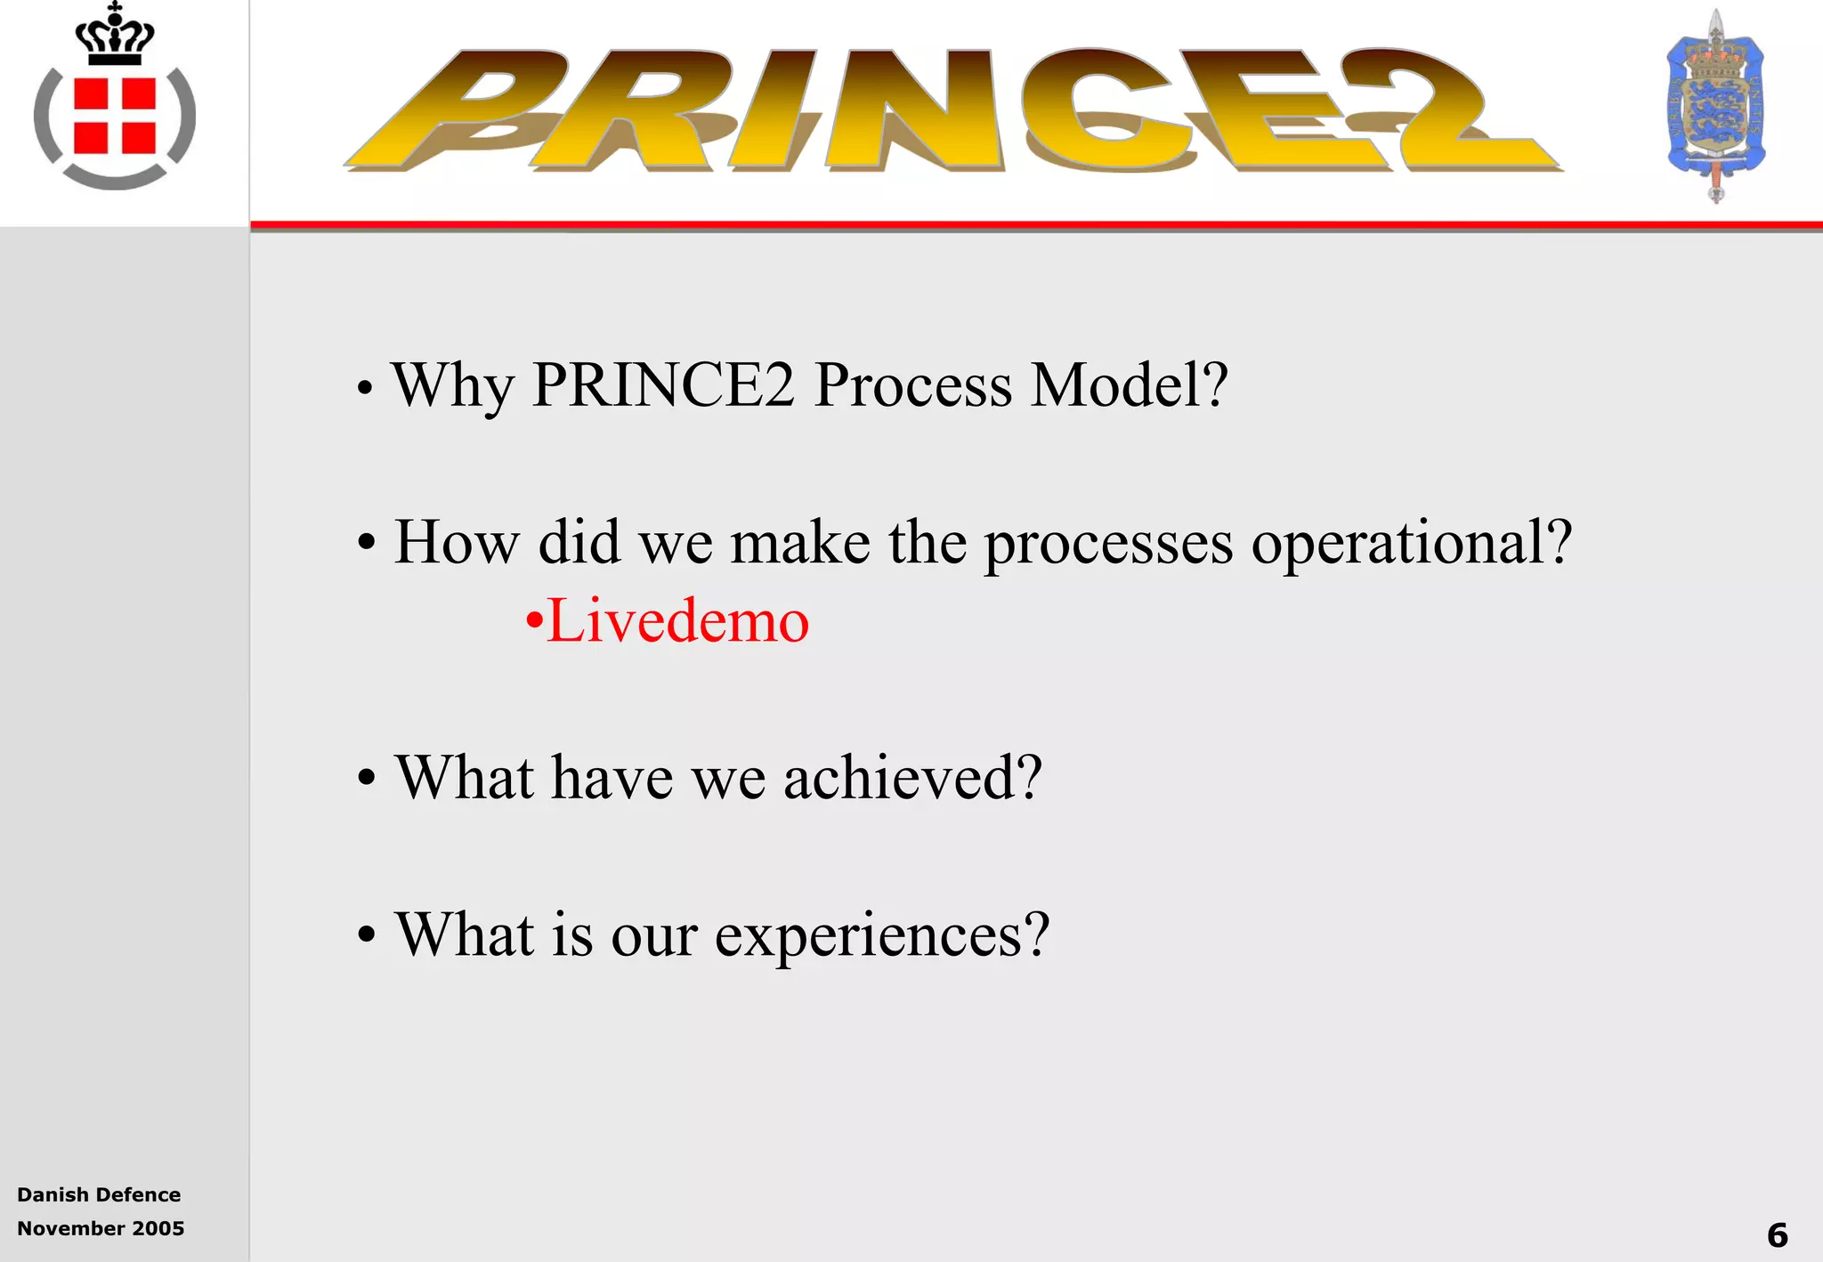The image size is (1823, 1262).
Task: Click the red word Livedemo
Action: [x=677, y=620]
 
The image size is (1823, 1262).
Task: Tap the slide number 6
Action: [x=1777, y=1234]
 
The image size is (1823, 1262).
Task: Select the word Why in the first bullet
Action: [x=453, y=386]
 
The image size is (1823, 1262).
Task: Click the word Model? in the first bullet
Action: [x=1129, y=384]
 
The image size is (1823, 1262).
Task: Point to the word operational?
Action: [x=1411, y=543]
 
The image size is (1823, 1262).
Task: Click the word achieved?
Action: [x=911, y=777]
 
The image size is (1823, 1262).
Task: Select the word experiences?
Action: [x=881, y=935]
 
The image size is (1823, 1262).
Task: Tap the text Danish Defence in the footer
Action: [x=99, y=1194]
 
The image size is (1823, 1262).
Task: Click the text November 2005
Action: [x=101, y=1228]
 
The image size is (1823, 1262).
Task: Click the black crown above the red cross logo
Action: [x=115, y=36]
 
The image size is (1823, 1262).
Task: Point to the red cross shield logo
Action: [x=115, y=117]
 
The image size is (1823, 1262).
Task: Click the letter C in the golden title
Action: [x=1104, y=109]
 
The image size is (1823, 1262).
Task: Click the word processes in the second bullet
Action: [x=1108, y=543]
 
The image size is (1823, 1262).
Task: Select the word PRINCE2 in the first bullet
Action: [x=662, y=384]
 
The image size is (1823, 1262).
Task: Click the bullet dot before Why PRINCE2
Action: [x=364, y=389]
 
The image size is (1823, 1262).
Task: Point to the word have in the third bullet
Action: [x=612, y=777]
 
